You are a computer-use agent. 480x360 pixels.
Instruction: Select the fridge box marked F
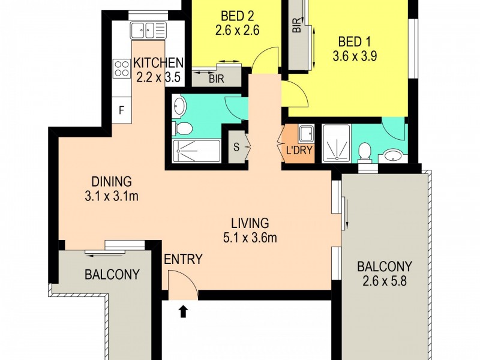(122, 110)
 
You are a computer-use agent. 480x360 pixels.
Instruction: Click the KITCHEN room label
(158, 62)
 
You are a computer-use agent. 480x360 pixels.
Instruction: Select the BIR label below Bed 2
(217, 78)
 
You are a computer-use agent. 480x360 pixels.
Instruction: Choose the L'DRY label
(299, 150)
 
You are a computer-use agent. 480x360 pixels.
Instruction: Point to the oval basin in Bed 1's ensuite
(392, 156)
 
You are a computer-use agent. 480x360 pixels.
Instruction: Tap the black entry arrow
(184, 310)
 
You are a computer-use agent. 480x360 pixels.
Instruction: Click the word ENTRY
(183, 260)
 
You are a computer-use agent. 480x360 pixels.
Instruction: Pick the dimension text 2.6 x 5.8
(383, 281)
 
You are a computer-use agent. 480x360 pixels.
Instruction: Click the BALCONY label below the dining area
(112, 275)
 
